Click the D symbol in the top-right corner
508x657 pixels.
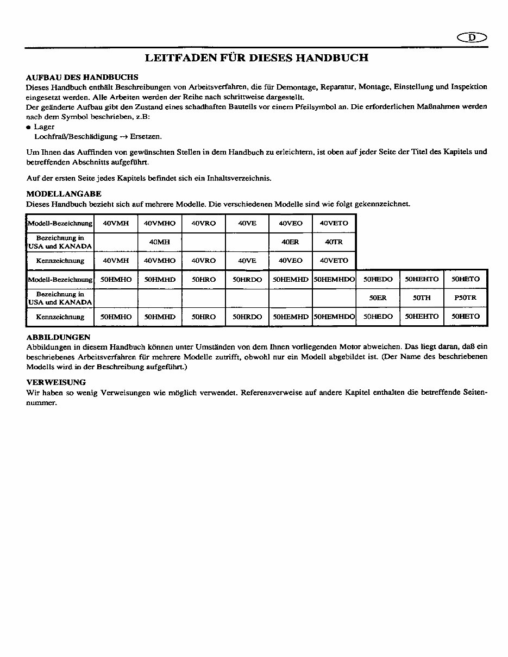click(x=472, y=37)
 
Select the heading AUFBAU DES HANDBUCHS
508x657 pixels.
click(x=82, y=77)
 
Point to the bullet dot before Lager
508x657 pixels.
click(x=29, y=127)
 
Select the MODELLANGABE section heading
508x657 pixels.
click(x=64, y=194)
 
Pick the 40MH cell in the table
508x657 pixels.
click(x=159, y=242)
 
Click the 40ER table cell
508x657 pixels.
click(x=291, y=242)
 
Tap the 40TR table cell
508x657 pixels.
click(x=334, y=242)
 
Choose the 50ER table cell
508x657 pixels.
click(x=378, y=298)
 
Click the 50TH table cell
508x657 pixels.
click(x=422, y=298)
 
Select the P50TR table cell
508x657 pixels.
click(x=466, y=298)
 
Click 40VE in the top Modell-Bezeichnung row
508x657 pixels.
click(x=247, y=223)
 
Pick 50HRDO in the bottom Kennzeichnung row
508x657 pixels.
click(x=247, y=317)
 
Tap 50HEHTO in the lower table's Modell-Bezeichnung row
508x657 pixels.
click(x=422, y=279)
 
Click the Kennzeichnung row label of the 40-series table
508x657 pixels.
click(x=60, y=261)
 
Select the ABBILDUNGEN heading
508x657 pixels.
click(x=58, y=337)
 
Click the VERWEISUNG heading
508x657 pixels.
click(x=56, y=382)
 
